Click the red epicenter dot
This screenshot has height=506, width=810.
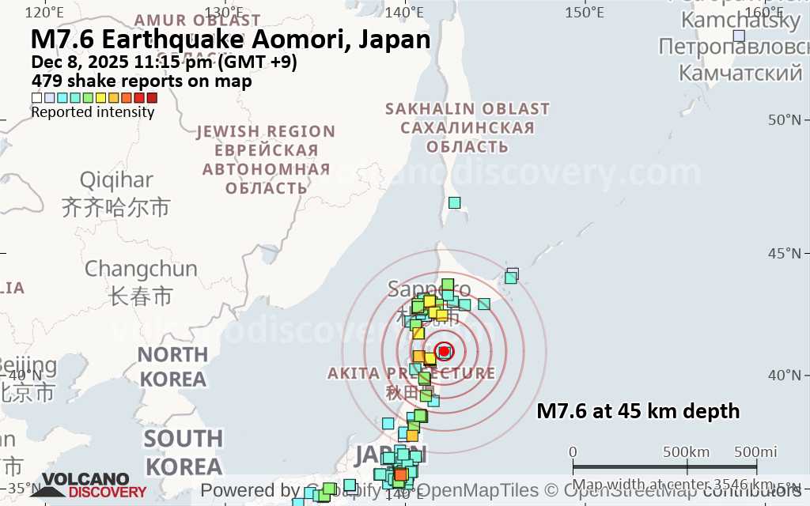pyautogui.click(x=444, y=351)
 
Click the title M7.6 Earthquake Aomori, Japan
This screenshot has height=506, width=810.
pyautogui.click(x=230, y=40)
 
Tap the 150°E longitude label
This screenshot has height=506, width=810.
pyautogui.click(x=585, y=12)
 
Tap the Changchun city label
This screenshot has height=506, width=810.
pyautogui.click(x=141, y=269)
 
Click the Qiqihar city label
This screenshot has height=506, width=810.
pyautogui.click(x=116, y=180)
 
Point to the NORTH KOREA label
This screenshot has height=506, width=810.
pyautogui.click(x=172, y=366)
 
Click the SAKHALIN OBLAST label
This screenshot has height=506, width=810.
pyautogui.click(x=467, y=108)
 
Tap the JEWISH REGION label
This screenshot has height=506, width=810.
pyautogui.click(x=266, y=131)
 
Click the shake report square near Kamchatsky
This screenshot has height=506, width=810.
pyautogui.click(x=739, y=36)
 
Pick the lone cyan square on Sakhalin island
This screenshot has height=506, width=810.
pyautogui.click(x=454, y=202)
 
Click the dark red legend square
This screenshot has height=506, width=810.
pyautogui.click(x=152, y=98)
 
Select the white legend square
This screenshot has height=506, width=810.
pyautogui.click(x=36, y=98)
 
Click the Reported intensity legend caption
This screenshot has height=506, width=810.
pyautogui.click(x=93, y=112)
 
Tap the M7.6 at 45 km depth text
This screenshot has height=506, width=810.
pyautogui.click(x=638, y=411)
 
